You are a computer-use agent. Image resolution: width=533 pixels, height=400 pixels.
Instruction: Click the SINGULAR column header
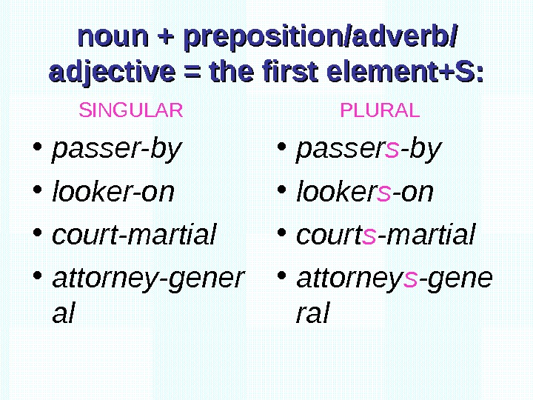pos(130,111)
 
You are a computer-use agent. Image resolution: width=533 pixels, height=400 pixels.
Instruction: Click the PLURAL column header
pos(379,111)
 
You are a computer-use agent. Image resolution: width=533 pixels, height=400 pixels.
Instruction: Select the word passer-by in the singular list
pos(116,150)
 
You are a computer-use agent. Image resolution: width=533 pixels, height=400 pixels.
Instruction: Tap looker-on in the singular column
pos(113,193)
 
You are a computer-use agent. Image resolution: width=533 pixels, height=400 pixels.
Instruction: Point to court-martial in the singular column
pos(134,235)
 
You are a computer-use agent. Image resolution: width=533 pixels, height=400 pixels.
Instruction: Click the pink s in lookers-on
pos(383,193)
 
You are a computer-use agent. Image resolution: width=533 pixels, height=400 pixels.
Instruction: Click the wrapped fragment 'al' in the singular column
pos(64,313)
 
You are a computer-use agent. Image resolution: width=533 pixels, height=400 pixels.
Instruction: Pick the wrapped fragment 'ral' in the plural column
pos(312,313)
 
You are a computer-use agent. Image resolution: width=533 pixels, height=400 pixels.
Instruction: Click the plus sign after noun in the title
pos(162,36)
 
